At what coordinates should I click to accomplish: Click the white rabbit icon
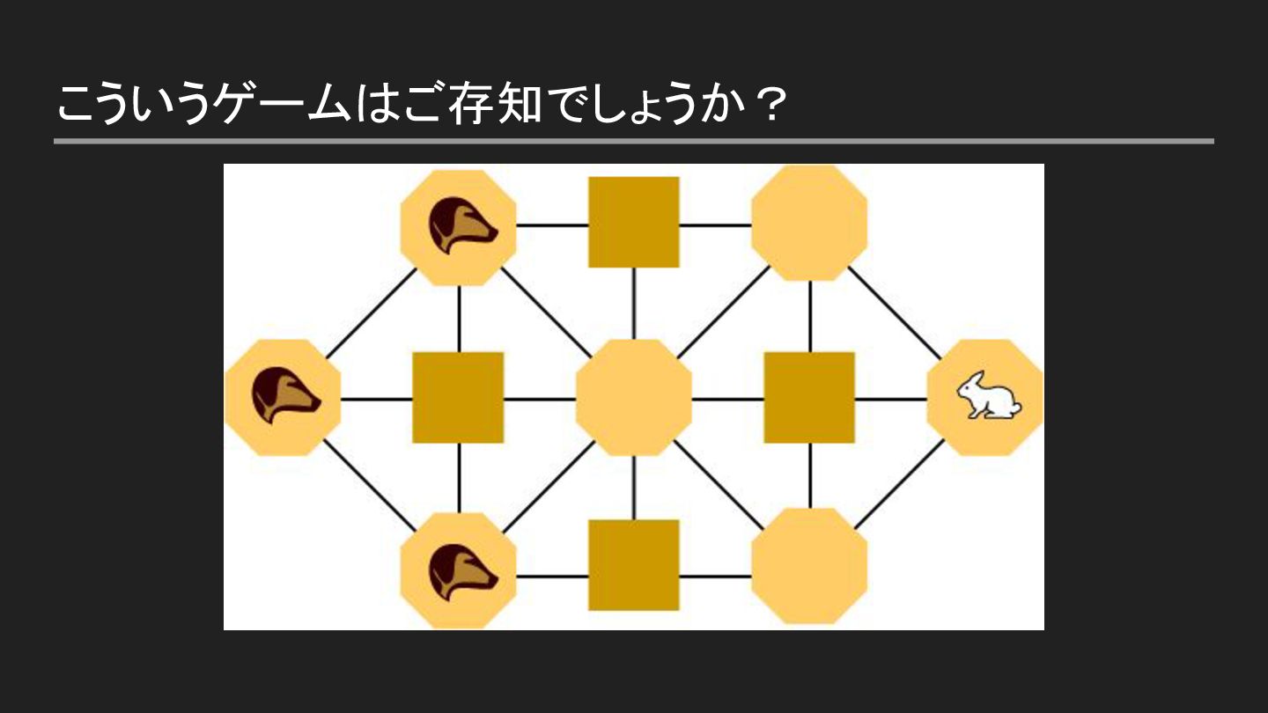point(989,396)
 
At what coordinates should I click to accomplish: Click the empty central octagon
point(634,398)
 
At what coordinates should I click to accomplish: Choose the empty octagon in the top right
point(809,223)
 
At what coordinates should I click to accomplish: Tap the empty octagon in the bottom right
point(809,566)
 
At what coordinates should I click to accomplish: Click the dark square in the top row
point(634,222)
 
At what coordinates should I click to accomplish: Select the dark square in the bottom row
point(634,565)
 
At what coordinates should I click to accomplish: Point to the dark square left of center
point(458,398)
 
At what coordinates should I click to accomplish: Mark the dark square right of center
point(809,398)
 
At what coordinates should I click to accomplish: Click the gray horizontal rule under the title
point(634,141)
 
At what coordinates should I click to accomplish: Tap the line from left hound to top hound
point(370,312)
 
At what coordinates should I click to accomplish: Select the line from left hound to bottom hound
point(370,484)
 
